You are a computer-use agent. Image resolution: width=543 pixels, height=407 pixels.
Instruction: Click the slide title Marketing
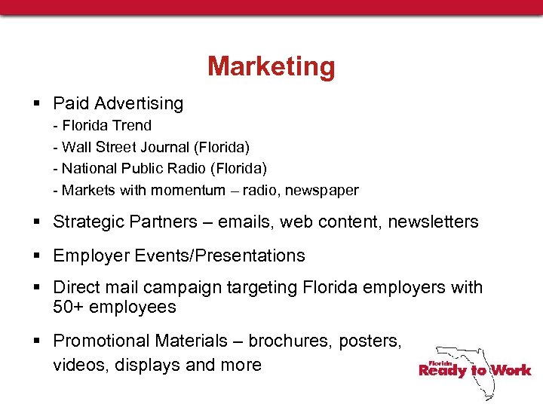271,66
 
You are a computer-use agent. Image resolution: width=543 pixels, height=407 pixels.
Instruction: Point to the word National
89,168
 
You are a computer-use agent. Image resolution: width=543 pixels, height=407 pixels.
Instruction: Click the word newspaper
323,190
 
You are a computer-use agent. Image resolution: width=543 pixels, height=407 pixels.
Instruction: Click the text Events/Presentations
219,256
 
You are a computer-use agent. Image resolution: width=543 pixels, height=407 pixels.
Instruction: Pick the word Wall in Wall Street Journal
75,146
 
